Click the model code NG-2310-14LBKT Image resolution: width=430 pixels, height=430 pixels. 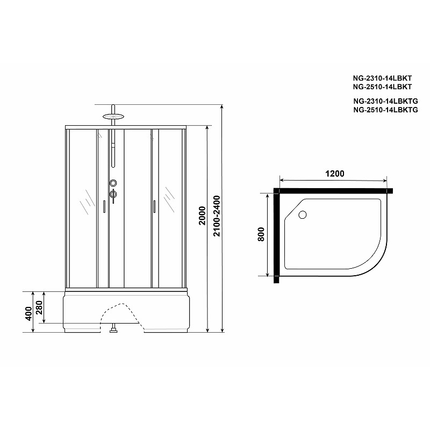[x=382, y=78]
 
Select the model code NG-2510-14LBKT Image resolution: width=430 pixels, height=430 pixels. [x=382, y=87]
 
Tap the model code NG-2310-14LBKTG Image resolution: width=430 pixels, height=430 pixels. [x=385, y=101]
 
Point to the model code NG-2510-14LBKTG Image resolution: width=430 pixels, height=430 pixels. [x=385, y=110]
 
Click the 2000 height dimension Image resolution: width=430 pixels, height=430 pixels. [x=202, y=216]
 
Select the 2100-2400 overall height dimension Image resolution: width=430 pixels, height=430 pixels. [x=217, y=216]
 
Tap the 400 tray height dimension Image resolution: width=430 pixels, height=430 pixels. [x=28, y=313]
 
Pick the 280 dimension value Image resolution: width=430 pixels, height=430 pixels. [x=39, y=307]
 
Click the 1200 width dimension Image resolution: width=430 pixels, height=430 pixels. [x=334, y=174]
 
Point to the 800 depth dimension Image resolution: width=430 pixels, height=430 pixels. [x=261, y=234]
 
